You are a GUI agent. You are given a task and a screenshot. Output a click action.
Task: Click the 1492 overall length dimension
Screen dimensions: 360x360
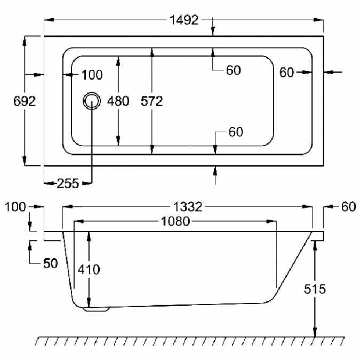[184, 20]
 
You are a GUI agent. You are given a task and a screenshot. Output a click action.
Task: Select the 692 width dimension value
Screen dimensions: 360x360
[25, 101]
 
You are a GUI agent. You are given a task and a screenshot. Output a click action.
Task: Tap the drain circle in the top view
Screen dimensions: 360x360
[92, 101]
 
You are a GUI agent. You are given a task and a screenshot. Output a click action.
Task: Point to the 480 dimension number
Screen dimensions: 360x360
[118, 101]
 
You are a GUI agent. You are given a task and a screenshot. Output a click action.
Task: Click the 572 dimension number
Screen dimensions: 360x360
[152, 101]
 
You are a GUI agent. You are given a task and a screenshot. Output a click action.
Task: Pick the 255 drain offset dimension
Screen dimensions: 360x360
[68, 183]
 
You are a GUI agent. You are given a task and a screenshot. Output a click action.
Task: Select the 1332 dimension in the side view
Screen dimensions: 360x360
[188, 206]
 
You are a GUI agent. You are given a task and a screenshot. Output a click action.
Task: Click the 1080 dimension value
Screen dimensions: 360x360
[175, 221]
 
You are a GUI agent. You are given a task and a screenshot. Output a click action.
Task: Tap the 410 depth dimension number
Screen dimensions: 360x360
[89, 269]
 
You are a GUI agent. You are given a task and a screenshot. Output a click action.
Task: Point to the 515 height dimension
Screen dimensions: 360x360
[315, 289]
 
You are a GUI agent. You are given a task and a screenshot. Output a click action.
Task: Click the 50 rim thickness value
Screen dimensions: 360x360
[51, 263]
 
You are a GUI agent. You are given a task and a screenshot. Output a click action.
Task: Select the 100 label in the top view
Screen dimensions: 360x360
[92, 75]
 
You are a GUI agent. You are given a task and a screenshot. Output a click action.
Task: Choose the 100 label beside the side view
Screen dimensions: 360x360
[15, 207]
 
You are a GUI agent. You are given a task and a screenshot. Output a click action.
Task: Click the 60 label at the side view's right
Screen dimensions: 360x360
[348, 206]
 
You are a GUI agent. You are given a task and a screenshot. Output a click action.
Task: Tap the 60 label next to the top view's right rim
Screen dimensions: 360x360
[286, 73]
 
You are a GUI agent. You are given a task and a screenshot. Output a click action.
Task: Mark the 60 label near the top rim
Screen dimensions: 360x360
[234, 70]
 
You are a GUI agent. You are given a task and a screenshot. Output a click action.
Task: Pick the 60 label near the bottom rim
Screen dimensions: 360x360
[236, 132]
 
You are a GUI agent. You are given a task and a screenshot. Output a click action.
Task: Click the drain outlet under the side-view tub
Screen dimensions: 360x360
[97, 309]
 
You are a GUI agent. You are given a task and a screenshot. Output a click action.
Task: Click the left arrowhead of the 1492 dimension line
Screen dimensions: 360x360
[49, 20]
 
